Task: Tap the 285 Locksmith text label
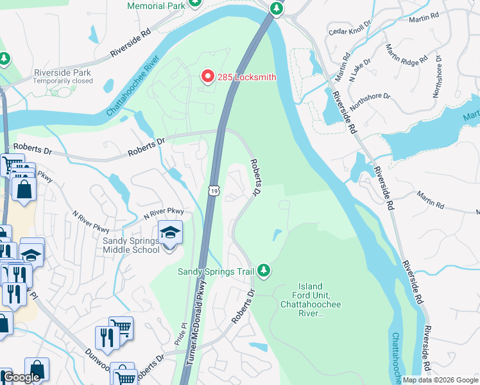[246, 78]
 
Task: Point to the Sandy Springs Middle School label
[131, 245]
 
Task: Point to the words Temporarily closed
[64, 81]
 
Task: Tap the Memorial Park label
[157, 6]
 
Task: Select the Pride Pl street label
[181, 334]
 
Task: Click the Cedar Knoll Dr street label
[350, 30]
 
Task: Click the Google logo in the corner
[21, 377]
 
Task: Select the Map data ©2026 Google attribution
[440, 380]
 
